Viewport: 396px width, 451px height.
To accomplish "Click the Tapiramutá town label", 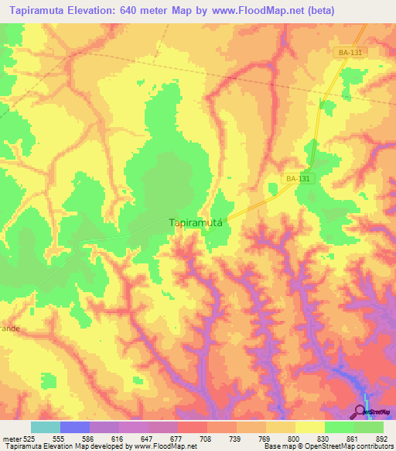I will pyautogui.click(x=196, y=222).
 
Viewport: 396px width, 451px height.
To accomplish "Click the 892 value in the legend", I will pyautogui.click(x=381, y=439).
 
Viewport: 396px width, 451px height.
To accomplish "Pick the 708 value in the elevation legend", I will pyautogui.click(x=205, y=439).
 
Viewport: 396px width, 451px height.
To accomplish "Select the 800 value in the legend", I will pyautogui.click(x=292, y=439).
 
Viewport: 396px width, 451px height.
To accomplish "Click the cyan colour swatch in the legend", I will pyautogui.click(x=45, y=427).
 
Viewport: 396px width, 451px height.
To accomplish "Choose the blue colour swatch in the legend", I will pyautogui.click(x=74, y=427).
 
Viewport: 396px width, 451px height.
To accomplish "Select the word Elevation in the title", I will pyautogui.click(x=96, y=11).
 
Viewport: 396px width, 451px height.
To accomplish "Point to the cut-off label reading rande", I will pyautogui.click(x=9, y=328).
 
